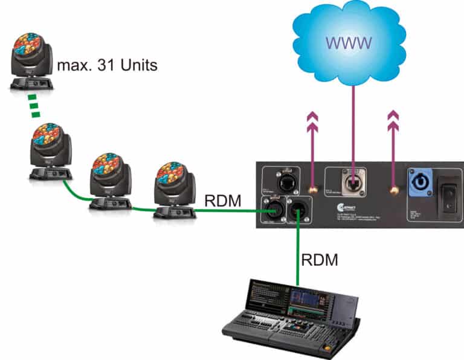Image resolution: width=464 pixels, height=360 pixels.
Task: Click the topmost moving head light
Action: pos(31,60)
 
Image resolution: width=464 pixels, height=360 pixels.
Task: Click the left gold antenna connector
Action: pos(313,190)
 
